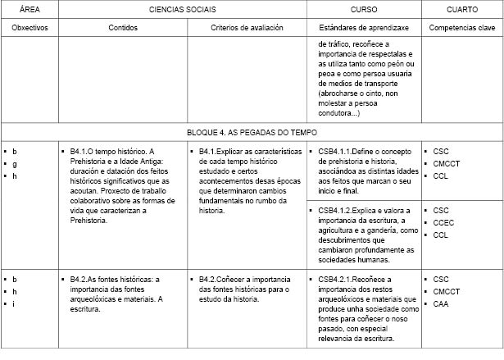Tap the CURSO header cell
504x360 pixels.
tap(364, 9)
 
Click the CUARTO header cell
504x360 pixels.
tap(462, 9)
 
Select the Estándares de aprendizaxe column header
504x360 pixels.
tap(364, 27)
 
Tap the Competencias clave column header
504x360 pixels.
tap(462, 27)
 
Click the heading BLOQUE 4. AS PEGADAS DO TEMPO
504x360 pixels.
tap(252, 131)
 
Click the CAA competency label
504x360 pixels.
tap(441, 303)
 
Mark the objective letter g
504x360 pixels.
tap(14, 164)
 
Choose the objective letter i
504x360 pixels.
tap(14, 303)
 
